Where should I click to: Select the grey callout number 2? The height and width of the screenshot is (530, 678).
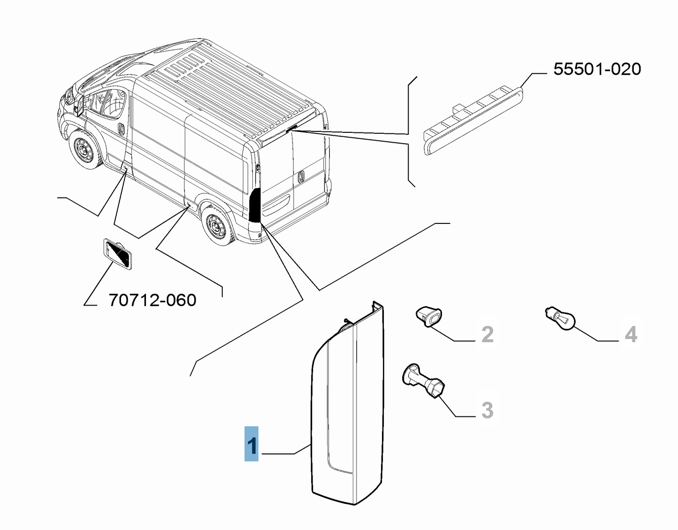(488, 334)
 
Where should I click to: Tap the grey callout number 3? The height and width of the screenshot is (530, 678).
(488, 410)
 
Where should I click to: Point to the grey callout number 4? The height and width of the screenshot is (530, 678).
(631, 334)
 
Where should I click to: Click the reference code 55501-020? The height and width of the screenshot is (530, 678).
(597, 69)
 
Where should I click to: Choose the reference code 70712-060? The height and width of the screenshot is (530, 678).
(152, 300)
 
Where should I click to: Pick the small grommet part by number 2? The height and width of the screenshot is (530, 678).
(430, 317)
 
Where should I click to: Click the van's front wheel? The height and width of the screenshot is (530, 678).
(86, 149)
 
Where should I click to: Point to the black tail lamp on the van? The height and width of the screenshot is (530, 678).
(255, 205)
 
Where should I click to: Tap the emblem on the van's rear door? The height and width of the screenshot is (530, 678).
(301, 177)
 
